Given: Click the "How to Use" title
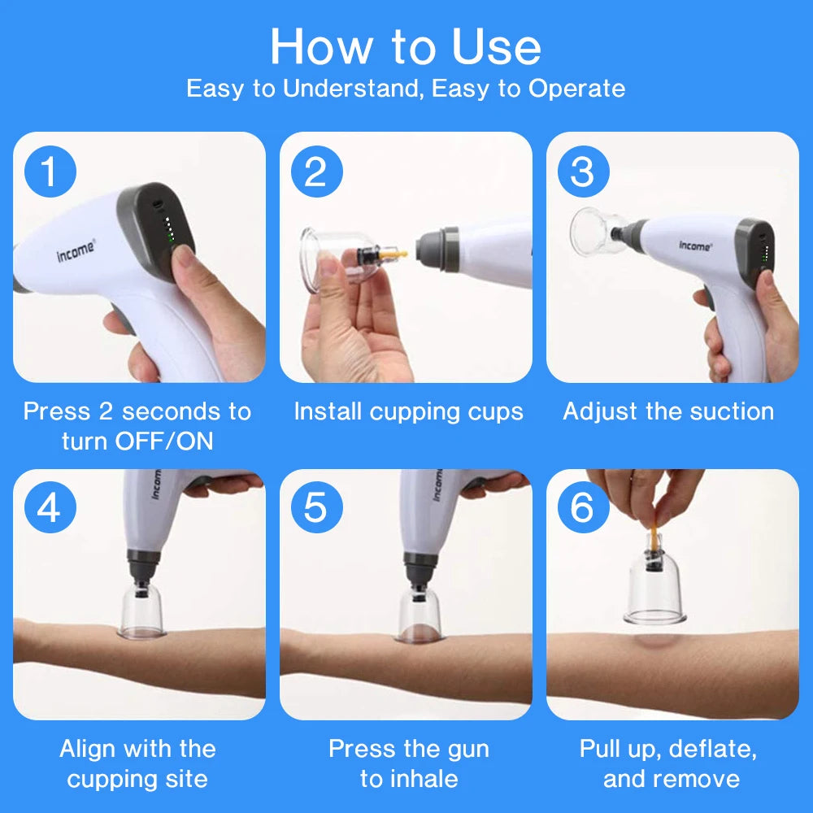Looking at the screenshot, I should click(406, 46).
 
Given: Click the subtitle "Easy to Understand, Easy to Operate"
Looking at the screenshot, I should click(406, 88).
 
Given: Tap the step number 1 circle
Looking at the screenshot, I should click(50, 172).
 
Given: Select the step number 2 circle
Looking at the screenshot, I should click(316, 172).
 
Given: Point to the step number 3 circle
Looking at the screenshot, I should click(582, 172).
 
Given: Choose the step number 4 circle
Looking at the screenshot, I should click(50, 509).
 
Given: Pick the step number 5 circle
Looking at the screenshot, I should click(316, 509).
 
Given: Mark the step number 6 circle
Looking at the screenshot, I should click(582, 509).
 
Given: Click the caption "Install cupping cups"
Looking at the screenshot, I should click(408, 411).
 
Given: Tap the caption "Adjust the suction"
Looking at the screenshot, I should click(668, 411).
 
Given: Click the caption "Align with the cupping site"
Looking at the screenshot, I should click(137, 763).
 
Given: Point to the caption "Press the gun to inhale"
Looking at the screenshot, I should click(408, 763).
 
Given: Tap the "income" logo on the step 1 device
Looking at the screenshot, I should click(76, 250).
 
